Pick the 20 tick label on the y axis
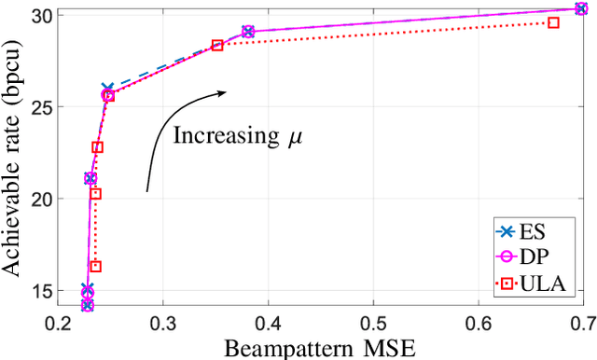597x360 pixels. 39,199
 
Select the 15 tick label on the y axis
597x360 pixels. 39,291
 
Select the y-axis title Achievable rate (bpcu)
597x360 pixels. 13,159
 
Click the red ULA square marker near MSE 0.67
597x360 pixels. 553,22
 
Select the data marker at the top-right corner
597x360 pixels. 581,8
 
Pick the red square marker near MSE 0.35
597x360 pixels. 217,45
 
